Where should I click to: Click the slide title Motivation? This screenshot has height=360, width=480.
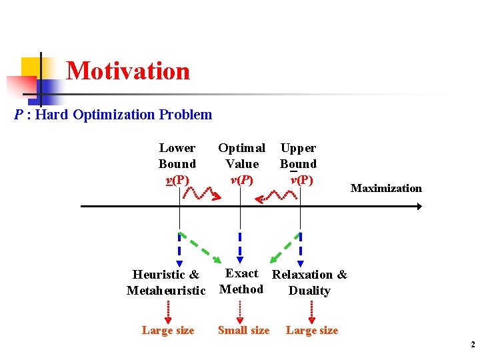pyautogui.click(x=128, y=71)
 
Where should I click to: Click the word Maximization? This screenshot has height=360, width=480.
pyautogui.click(x=386, y=189)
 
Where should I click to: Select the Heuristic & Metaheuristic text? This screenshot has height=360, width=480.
pyautogui.click(x=166, y=282)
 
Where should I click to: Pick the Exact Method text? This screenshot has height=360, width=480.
pyautogui.click(x=241, y=281)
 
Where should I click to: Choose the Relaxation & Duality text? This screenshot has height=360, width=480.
pyautogui.click(x=309, y=283)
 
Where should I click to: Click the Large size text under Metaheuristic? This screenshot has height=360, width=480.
pyautogui.click(x=168, y=331)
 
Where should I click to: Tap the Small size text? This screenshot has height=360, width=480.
pyautogui.click(x=243, y=331)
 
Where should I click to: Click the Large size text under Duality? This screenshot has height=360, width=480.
pyautogui.click(x=312, y=331)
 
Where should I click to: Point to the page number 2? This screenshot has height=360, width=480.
pyautogui.click(x=472, y=345)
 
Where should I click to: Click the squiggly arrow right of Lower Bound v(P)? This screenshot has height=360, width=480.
pyautogui.click(x=201, y=193)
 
